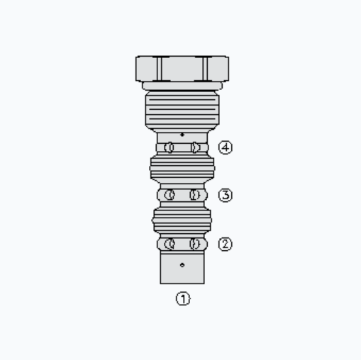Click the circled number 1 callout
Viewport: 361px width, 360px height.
point(183,299)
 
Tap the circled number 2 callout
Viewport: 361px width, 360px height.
point(225,244)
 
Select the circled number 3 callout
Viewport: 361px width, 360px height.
point(225,195)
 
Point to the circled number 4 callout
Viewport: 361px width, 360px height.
point(225,147)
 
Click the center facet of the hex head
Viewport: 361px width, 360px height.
point(182,69)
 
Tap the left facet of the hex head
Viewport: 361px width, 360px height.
point(146,69)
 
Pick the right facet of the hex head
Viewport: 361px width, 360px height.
point(218,69)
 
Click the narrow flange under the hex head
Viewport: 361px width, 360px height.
point(182,86)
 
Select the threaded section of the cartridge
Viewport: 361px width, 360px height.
point(182,110)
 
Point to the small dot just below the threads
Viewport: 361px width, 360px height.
point(182,135)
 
